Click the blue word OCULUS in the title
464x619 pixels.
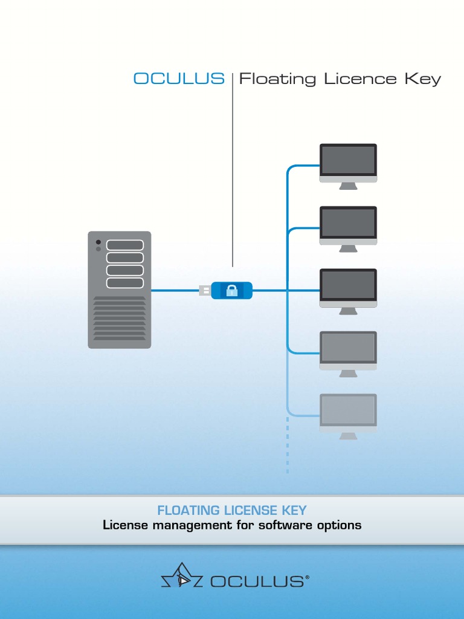(x=179, y=79)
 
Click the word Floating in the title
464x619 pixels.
(x=277, y=79)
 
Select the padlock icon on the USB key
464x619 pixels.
(x=232, y=291)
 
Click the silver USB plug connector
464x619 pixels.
(x=205, y=291)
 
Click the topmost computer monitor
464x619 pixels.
(x=348, y=162)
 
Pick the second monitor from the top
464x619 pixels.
(x=348, y=225)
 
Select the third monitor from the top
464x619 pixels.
(x=348, y=287)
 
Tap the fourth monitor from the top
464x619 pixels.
(x=348, y=350)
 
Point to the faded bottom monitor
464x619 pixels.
(x=348, y=412)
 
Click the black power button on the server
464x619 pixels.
(x=98, y=242)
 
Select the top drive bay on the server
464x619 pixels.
(x=125, y=245)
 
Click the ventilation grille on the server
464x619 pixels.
(x=120, y=319)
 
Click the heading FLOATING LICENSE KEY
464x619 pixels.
(x=232, y=511)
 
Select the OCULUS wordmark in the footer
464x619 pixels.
(x=257, y=582)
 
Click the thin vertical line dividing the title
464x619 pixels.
(x=233, y=169)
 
